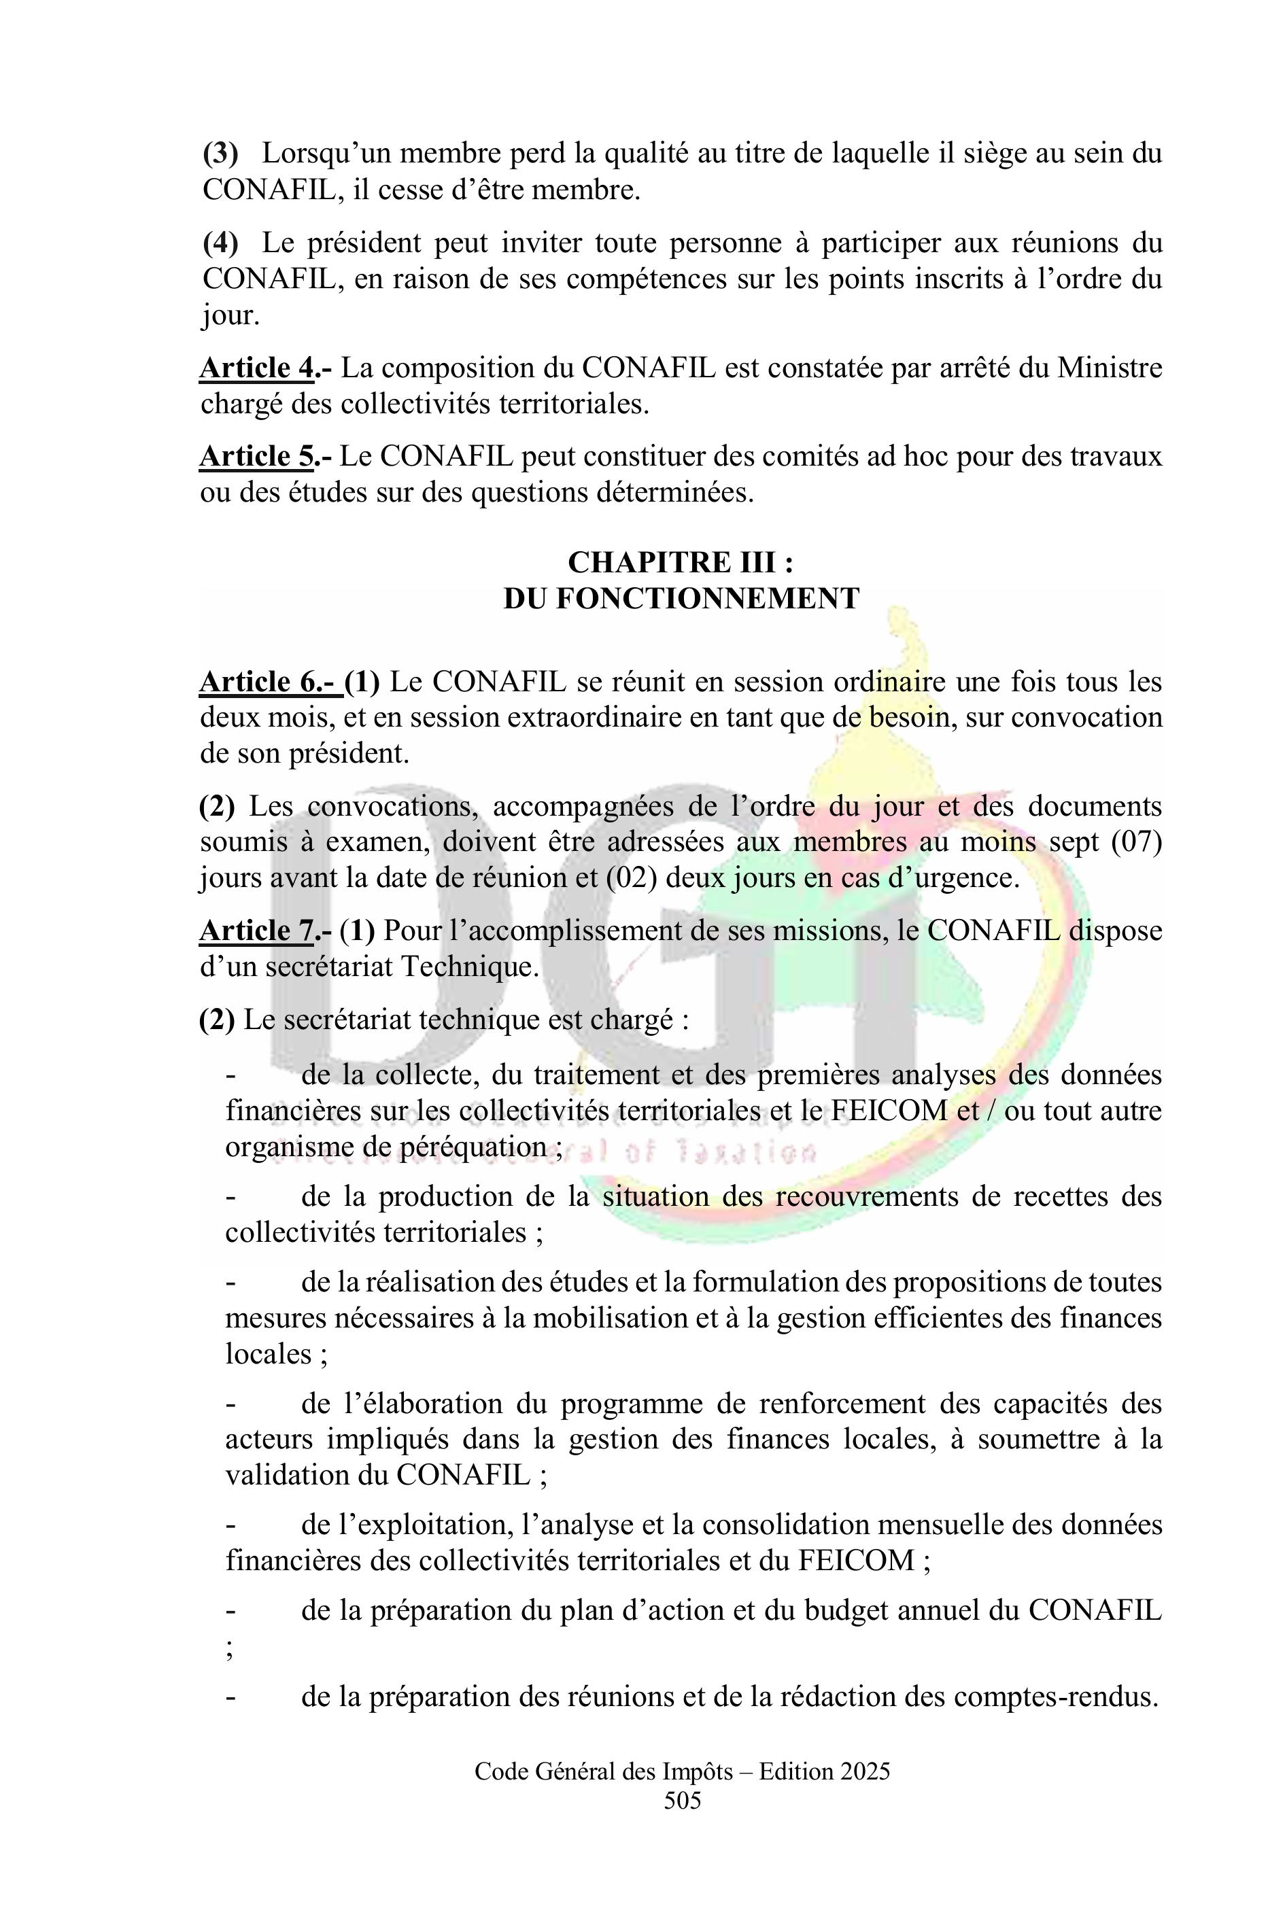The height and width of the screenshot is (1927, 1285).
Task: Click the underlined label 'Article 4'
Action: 256,368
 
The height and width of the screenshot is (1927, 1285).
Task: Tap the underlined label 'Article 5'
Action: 256,456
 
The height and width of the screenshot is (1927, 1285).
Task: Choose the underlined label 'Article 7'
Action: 256,931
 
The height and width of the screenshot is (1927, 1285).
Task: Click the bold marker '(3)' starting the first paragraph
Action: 220,153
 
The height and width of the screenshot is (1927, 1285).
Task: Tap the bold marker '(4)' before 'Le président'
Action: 220,243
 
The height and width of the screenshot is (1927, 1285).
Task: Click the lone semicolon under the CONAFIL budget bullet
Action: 230,1649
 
